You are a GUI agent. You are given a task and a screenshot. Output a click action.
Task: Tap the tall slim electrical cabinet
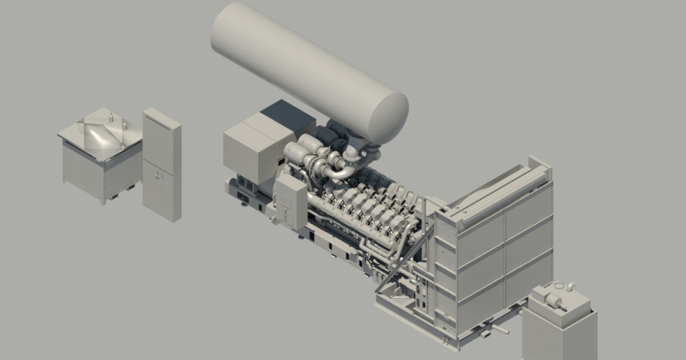point(161,163)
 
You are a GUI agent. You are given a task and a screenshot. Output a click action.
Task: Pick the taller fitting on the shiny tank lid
point(111,118)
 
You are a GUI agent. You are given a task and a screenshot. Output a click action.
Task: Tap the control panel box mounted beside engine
point(292,200)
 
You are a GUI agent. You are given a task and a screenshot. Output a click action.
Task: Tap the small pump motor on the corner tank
point(555,299)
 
